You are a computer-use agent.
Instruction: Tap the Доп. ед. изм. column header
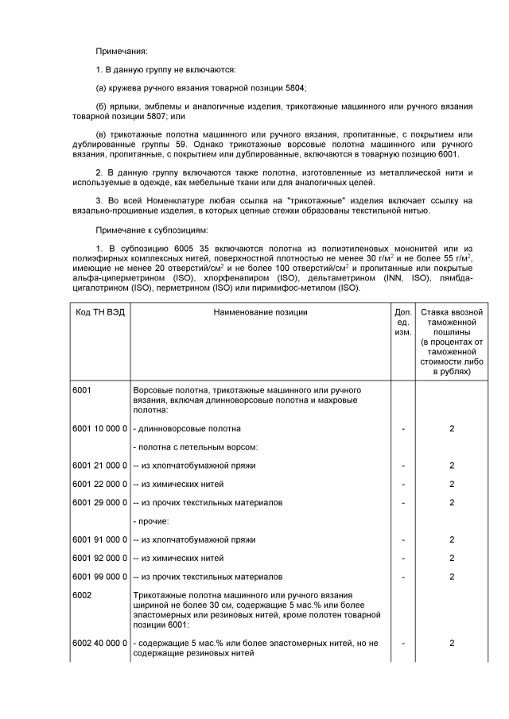click(403, 322)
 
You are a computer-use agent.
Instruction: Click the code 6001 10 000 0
click(99, 428)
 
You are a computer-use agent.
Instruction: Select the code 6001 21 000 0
click(99, 465)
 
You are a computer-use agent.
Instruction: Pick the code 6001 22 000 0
click(99, 484)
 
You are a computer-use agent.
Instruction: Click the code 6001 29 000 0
click(99, 502)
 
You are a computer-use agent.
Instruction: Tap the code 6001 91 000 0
click(99, 539)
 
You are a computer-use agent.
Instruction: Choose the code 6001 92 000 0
click(99, 558)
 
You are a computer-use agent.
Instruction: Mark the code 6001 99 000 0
click(99, 576)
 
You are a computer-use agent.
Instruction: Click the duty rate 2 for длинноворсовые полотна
click(452, 428)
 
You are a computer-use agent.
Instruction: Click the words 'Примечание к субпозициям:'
click(152, 230)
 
